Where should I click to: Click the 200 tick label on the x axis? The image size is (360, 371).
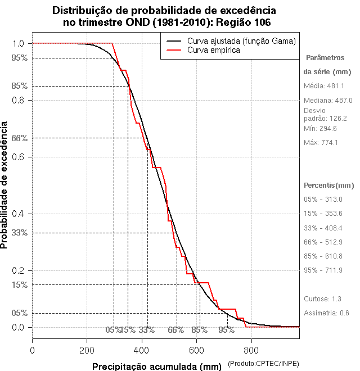tap(87, 350)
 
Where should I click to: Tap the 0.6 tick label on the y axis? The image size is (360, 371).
tap(17, 157)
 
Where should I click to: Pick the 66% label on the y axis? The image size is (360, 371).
tap(19, 138)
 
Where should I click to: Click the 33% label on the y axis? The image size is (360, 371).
tap(19, 233)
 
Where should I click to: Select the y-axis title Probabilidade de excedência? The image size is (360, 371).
tap(5, 185)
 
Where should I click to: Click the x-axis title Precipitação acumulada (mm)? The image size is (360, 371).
tap(156, 367)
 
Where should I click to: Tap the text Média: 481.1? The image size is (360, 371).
tap(323, 86)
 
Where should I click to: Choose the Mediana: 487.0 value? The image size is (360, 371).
tap(328, 100)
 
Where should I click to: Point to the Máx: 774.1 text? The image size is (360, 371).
tap(321, 142)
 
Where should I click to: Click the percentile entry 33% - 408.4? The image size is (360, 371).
tap(323, 228)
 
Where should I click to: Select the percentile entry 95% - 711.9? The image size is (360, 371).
tap(323, 270)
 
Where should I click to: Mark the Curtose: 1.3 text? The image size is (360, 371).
tap(322, 299)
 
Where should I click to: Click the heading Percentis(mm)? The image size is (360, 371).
tap(329, 185)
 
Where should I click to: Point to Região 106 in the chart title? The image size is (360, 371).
tap(243, 23)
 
